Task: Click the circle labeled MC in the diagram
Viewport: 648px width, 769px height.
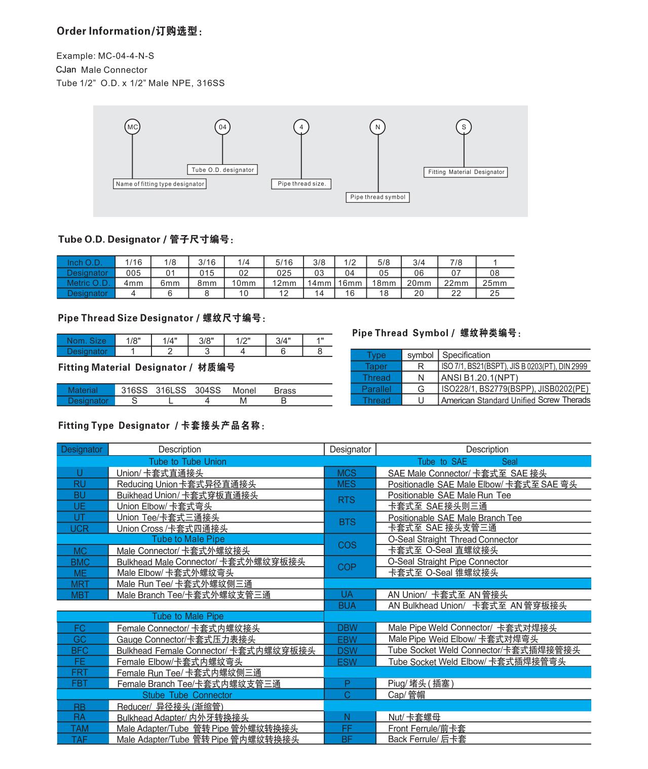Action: pyautogui.click(x=132, y=127)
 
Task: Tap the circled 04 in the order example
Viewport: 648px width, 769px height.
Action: pyautogui.click(x=222, y=127)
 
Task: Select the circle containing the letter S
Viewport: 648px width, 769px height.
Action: pyautogui.click(x=464, y=127)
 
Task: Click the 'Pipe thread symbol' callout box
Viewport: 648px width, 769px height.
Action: pyautogui.click(x=378, y=197)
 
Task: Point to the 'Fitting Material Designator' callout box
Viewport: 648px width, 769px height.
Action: pyautogui.click(x=466, y=172)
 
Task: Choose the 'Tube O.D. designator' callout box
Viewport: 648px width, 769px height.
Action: pyautogui.click(x=222, y=170)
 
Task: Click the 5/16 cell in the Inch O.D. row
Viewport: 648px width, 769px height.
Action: pyautogui.click(x=284, y=262)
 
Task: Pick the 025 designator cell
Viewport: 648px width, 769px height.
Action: pyautogui.click(x=284, y=273)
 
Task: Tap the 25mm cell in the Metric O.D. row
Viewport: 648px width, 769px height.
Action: pyautogui.click(x=494, y=283)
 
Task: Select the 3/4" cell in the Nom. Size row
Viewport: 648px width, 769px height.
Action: pyautogui.click(x=283, y=341)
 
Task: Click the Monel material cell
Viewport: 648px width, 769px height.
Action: pyautogui.click(x=244, y=390)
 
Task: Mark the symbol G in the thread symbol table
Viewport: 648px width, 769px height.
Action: pyautogui.click(x=421, y=389)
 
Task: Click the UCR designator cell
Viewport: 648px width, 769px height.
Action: pyautogui.click(x=80, y=528)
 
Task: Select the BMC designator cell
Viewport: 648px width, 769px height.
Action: pyautogui.click(x=80, y=562)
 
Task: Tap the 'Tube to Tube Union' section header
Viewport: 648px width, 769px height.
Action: pyautogui.click(x=187, y=461)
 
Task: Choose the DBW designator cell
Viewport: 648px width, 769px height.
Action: pyautogui.click(x=347, y=628)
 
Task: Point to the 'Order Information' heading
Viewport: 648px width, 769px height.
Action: pyautogui.click(x=129, y=31)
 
